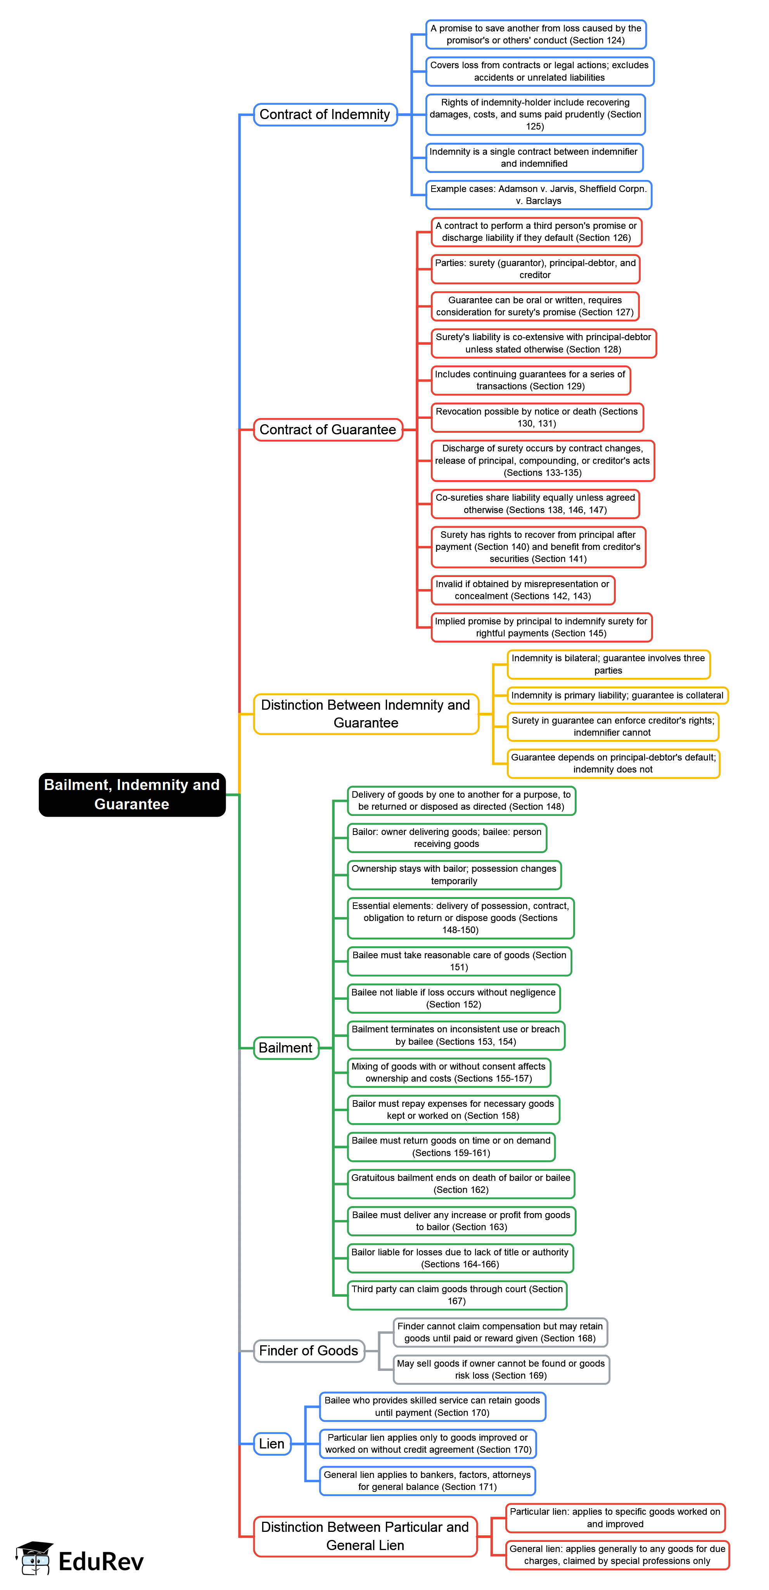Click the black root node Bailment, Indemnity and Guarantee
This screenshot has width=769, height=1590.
tap(132, 794)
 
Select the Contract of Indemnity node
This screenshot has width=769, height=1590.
tap(325, 115)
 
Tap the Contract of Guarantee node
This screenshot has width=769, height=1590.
tap(328, 430)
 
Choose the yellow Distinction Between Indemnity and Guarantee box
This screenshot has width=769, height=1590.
tap(366, 714)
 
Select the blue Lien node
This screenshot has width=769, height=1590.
tap(272, 1444)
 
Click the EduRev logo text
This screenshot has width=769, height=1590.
tap(101, 1562)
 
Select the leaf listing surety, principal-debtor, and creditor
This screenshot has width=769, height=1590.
tap(535, 269)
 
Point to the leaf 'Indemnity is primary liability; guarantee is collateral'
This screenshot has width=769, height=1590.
tap(617, 696)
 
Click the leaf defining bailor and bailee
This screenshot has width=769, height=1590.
tap(447, 838)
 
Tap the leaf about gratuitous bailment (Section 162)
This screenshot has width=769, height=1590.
tap(461, 1184)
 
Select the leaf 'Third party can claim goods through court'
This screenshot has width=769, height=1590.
tap(457, 1295)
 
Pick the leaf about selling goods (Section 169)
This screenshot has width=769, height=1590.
tap(501, 1370)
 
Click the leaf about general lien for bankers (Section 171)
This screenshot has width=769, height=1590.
tap(427, 1481)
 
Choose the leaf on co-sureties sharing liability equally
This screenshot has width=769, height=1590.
tap(535, 504)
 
